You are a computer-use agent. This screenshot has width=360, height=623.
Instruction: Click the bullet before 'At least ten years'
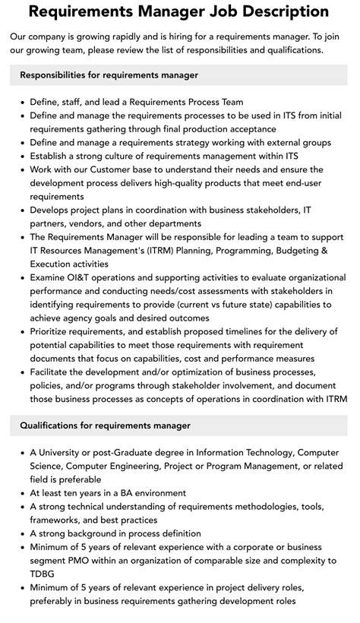[21, 492]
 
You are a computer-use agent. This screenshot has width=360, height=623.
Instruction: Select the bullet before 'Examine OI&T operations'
[21, 278]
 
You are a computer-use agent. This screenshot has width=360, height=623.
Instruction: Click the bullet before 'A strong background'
[21, 533]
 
